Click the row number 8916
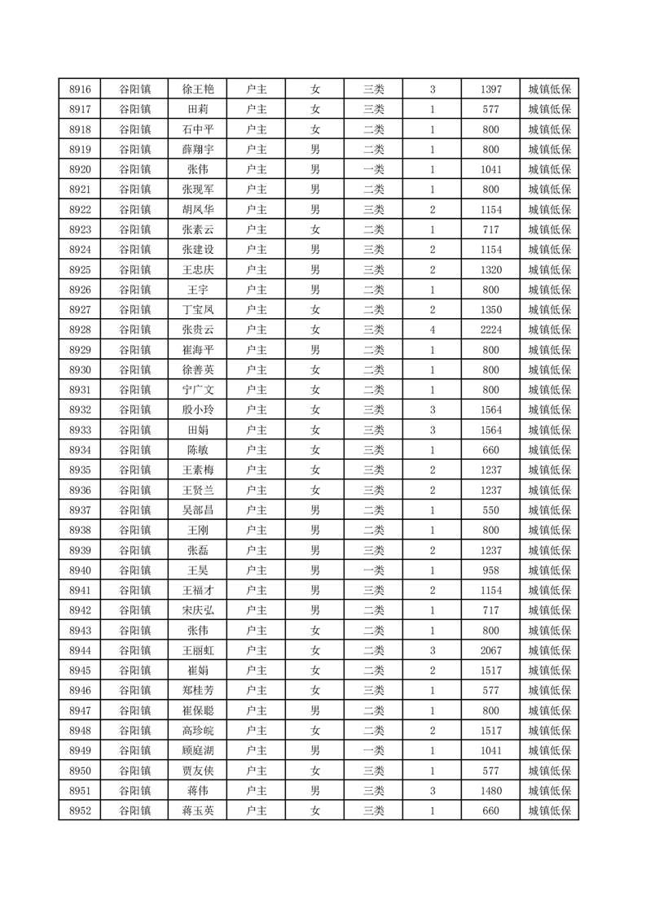point(80,90)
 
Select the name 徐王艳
point(198,90)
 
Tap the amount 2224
point(491,330)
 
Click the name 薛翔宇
point(198,150)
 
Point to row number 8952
point(80,810)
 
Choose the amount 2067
point(491,650)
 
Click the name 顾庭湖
point(198,750)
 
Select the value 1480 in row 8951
point(491,790)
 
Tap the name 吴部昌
point(198,510)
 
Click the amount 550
point(491,510)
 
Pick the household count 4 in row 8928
point(433,330)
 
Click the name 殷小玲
point(198,410)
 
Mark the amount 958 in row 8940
point(491,570)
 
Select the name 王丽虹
point(198,650)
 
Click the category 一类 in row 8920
point(374,169)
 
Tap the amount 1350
point(491,310)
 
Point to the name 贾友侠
point(198,771)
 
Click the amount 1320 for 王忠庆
point(491,270)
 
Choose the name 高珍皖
point(198,731)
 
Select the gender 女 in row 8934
point(315,450)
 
